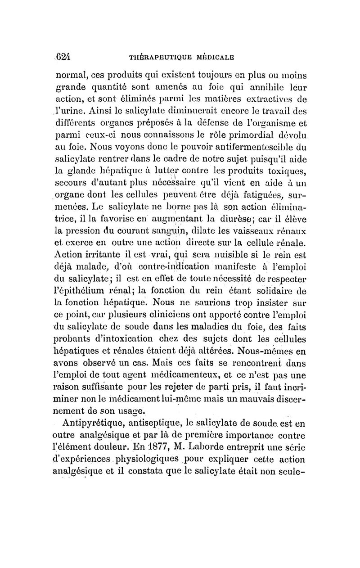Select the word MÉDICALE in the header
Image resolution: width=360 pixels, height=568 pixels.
point(213,58)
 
